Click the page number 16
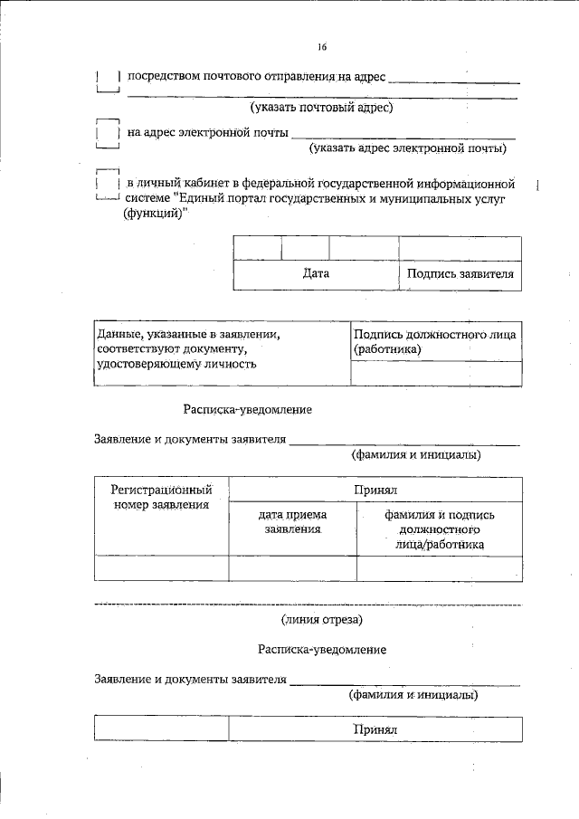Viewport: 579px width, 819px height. pyautogui.click(x=322, y=48)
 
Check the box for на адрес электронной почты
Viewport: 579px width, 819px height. pyautogui.click(x=108, y=134)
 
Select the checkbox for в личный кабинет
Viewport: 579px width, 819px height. pyautogui.click(x=108, y=185)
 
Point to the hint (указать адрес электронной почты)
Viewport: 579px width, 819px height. pyautogui.click(x=407, y=148)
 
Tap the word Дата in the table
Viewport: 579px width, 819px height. pyautogui.click(x=316, y=273)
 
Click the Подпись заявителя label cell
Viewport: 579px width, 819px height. pyautogui.click(x=460, y=273)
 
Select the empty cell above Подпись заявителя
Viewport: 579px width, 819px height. pyautogui.click(x=460, y=248)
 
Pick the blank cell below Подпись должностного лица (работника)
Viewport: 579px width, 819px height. pyautogui.click(x=435, y=373)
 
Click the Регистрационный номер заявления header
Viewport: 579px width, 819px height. pyautogui.click(x=161, y=497)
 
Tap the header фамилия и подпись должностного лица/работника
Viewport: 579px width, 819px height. pyautogui.click(x=439, y=529)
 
